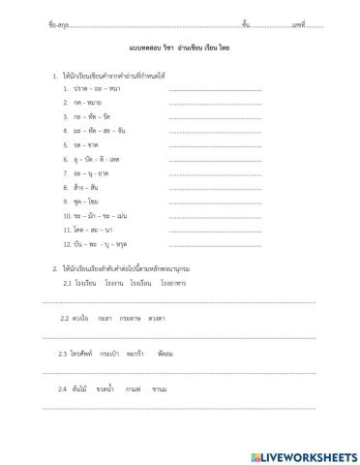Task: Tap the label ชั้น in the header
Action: (x=246, y=23)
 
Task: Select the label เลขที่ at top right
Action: (x=298, y=23)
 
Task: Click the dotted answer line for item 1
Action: (x=215, y=89)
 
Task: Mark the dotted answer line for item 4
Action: (x=215, y=131)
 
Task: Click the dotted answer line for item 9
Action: (x=215, y=201)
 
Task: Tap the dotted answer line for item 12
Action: (x=215, y=244)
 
